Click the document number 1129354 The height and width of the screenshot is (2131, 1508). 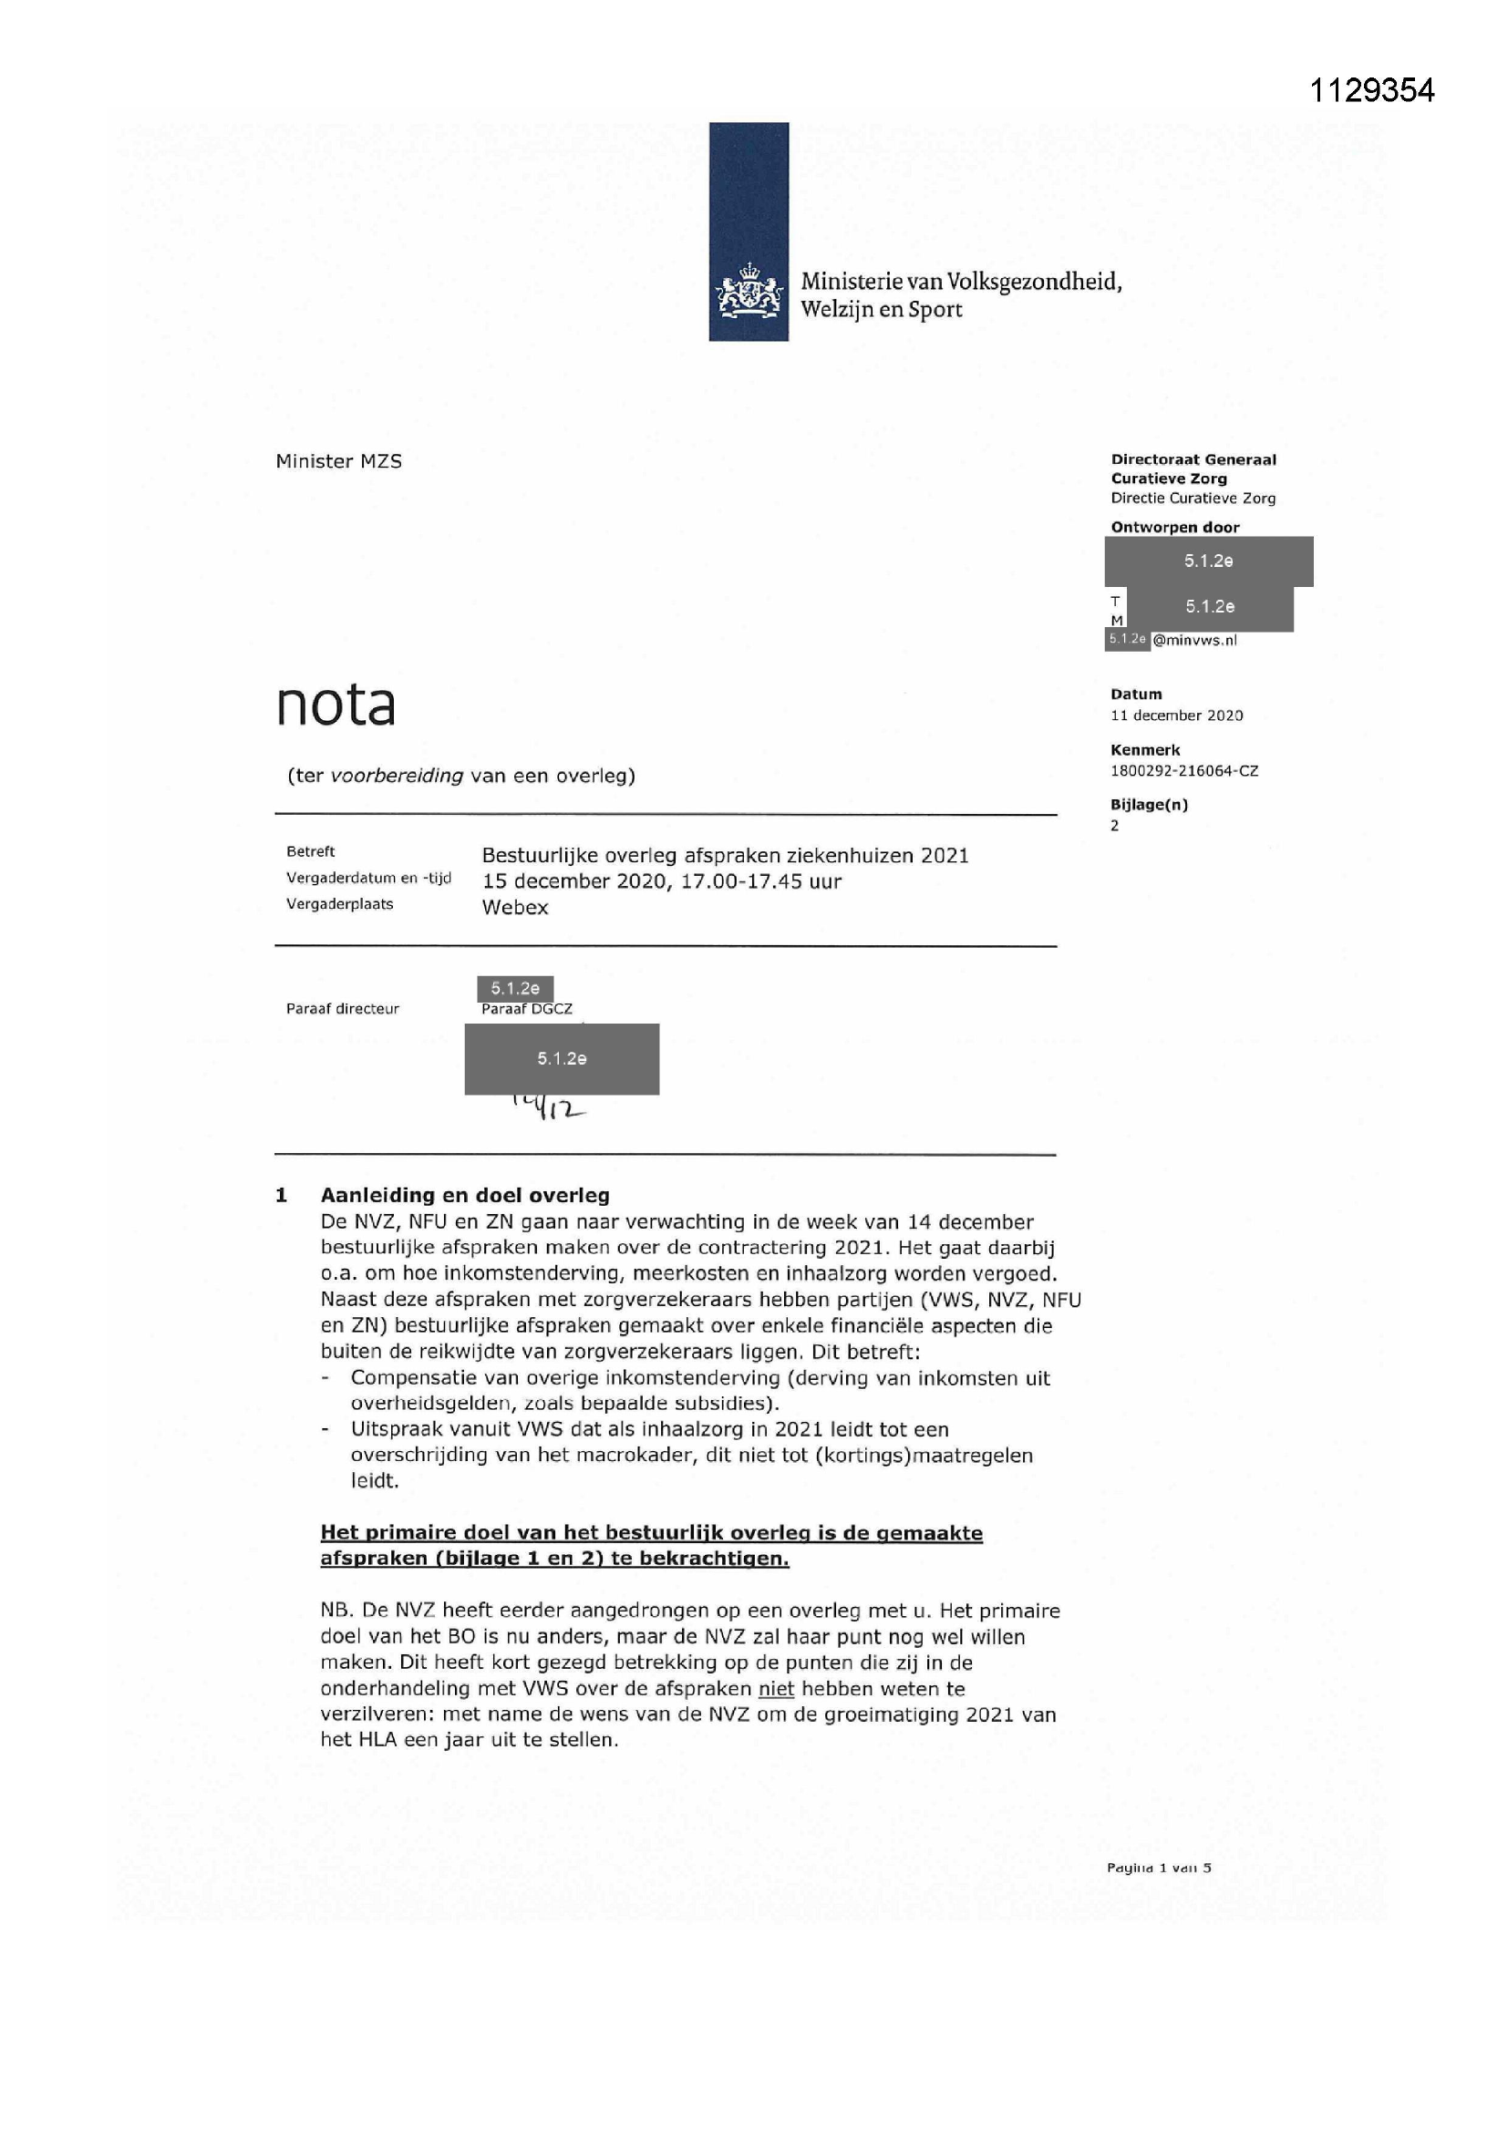pyautogui.click(x=1371, y=90)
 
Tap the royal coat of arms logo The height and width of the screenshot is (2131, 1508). pyautogui.click(x=749, y=292)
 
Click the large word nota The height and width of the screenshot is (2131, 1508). pyautogui.click(x=336, y=705)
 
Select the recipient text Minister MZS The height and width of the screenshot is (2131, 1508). pyautogui.click(x=339, y=461)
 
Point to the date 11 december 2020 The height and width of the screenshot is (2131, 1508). pyautogui.click(x=1176, y=715)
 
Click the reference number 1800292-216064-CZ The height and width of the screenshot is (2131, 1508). pyautogui.click(x=1184, y=771)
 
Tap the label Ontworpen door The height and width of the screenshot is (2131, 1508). pyautogui.click(x=1174, y=527)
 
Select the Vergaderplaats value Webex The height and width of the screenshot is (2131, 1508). pyautogui.click(x=514, y=908)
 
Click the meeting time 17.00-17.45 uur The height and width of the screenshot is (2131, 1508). pyautogui.click(x=760, y=881)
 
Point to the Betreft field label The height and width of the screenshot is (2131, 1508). pyautogui.click(x=310, y=852)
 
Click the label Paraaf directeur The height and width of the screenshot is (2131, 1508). pyautogui.click(x=343, y=1009)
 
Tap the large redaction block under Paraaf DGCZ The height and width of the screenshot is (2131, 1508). pyautogui.click(x=562, y=1059)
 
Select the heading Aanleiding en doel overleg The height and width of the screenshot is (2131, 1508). pyautogui.click(x=464, y=1196)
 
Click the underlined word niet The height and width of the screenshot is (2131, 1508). pyautogui.click(x=776, y=1689)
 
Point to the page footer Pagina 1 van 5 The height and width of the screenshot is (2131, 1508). pyautogui.click(x=1159, y=1868)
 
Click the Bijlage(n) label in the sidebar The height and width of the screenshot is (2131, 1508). pyautogui.click(x=1149, y=805)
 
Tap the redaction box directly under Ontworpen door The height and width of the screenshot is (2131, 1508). pyautogui.click(x=1208, y=561)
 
